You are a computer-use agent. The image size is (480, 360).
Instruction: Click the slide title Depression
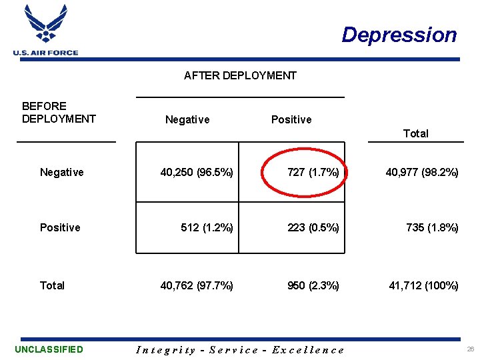tap(399, 35)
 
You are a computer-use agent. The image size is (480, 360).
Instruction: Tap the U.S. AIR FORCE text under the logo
tap(45, 53)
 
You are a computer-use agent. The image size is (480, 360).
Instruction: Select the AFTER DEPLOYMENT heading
tap(240, 75)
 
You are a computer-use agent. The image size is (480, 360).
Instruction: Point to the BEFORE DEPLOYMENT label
tap(59, 113)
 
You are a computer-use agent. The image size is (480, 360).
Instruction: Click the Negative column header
tap(187, 120)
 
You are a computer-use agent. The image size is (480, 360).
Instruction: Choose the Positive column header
tap(291, 120)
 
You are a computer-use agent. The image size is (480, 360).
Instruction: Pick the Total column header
tap(415, 133)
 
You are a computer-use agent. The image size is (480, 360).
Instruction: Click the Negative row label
tap(62, 173)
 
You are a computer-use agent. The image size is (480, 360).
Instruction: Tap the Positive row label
tap(60, 228)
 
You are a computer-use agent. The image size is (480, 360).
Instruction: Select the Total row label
tap(52, 286)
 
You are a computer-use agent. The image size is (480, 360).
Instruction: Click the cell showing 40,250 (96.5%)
tap(197, 173)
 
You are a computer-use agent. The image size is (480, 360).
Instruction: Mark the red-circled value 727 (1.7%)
tap(313, 173)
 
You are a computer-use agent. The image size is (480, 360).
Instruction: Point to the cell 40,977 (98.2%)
tap(422, 173)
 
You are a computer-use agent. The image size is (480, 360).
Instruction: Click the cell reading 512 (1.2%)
tap(207, 228)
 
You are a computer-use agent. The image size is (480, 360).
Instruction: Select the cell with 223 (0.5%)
tap(313, 228)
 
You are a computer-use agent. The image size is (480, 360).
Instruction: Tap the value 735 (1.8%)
tap(432, 228)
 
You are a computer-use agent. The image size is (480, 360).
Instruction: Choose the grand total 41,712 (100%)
tap(424, 286)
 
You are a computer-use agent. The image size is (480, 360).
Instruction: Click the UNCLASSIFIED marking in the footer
tap(49, 349)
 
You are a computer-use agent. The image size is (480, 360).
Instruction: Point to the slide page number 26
tap(471, 349)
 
